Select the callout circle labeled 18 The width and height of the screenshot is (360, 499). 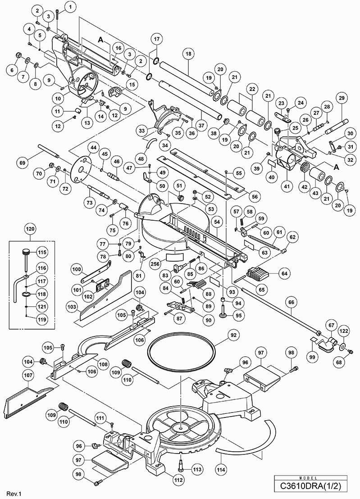[x=188, y=53]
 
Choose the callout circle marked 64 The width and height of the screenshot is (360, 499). [x=285, y=273]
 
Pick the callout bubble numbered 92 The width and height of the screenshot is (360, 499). [x=221, y=335]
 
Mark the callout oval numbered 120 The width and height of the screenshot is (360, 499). [x=30, y=229]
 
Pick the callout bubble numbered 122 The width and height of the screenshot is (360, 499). [x=344, y=332]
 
